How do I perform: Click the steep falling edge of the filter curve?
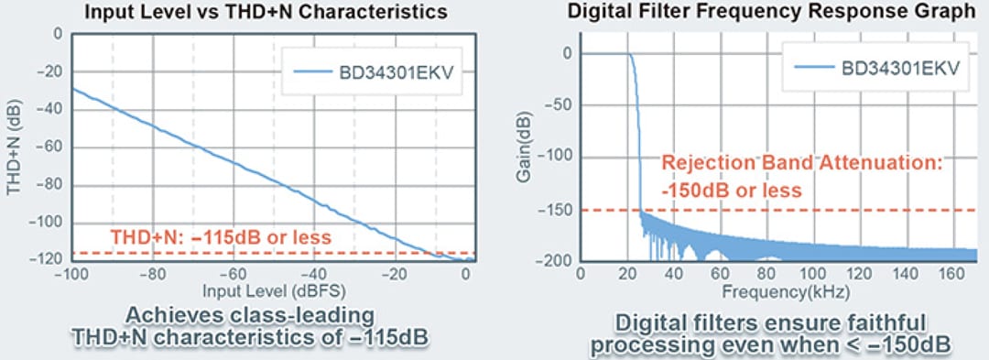click(637, 137)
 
